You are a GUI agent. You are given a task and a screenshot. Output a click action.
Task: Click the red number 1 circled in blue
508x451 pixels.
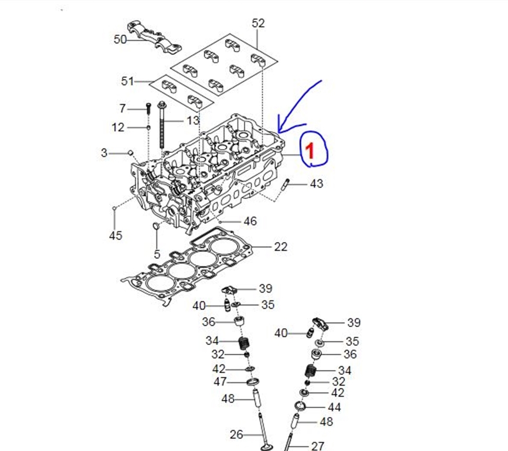pos(310,151)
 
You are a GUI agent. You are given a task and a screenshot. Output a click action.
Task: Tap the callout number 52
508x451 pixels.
pos(258,24)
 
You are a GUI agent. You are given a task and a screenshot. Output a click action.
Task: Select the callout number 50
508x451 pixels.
pos(120,40)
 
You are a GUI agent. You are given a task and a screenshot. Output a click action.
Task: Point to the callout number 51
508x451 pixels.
pos(127,81)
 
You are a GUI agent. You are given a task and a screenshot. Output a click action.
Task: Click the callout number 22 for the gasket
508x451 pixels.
pos(280,247)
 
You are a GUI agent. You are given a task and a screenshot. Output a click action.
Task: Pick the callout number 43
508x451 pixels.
pos(316,184)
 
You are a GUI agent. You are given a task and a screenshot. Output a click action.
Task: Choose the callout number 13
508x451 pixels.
pos(193,121)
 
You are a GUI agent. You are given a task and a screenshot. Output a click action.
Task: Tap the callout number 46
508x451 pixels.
pos(250,222)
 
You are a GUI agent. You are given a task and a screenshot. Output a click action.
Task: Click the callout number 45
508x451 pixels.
pos(116,236)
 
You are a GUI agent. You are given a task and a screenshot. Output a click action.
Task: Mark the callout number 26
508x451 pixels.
pos(236,434)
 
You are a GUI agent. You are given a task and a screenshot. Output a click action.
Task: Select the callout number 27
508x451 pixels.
pos(317,446)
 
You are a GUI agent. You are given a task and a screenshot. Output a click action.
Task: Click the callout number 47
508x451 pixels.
pos(220,382)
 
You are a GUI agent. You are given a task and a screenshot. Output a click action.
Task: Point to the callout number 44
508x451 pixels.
pos(334,407)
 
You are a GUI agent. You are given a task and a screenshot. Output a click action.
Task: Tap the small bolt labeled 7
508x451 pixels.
pos(148,108)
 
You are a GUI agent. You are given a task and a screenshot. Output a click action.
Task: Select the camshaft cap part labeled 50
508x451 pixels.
pos(154,38)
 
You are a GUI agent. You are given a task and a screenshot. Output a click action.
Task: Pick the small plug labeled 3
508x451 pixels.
pos(131,153)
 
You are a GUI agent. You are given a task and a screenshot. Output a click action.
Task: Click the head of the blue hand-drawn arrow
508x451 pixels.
pos(279,132)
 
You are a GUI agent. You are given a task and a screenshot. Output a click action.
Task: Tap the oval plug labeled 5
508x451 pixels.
pos(156,226)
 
